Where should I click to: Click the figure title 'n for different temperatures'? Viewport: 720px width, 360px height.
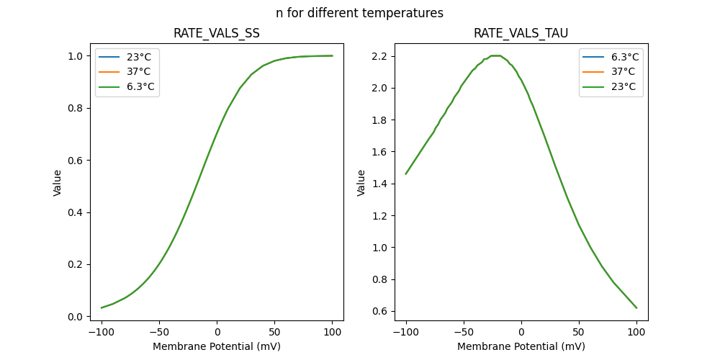359,13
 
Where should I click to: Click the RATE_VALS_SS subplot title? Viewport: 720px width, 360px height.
217,34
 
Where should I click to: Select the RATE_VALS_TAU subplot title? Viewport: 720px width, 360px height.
521,34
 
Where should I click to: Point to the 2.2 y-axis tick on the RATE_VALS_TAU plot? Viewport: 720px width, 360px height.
379,56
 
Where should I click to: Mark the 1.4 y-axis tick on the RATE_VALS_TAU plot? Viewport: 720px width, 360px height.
379,184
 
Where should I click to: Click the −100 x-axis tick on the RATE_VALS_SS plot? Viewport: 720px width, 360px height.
102,332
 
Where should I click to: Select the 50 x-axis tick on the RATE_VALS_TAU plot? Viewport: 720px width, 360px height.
579,332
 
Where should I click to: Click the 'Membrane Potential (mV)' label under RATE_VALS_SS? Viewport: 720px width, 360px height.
217,346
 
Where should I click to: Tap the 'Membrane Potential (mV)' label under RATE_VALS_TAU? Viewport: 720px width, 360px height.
521,346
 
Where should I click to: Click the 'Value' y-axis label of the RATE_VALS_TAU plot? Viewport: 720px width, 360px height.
361,183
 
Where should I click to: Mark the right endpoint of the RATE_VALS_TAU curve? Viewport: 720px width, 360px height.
636,307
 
